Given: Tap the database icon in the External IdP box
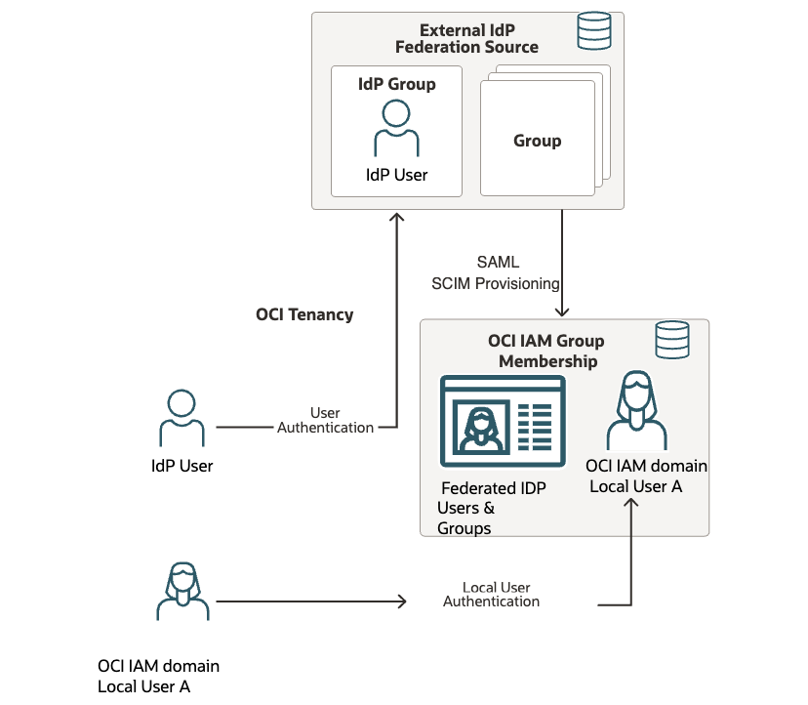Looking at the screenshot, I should (x=593, y=32).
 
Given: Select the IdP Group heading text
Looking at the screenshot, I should (x=396, y=84).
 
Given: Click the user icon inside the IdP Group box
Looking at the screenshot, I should (x=396, y=127).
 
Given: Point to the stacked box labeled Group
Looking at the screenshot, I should (x=538, y=140).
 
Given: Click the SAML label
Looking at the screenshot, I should (x=498, y=262).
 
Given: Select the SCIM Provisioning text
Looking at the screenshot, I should (x=496, y=283).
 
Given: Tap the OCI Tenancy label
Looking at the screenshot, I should (x=304, y=314).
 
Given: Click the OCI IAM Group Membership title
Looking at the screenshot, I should (x=546, y=351).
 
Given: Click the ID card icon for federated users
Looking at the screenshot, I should (x=503, y=421).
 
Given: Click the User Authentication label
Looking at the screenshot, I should (x=325, y=420).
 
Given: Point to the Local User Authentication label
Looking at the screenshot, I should (x=493, y=595).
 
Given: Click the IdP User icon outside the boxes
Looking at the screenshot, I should (x=182, y=419).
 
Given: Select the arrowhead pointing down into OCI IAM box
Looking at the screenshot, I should (x=562, y=311).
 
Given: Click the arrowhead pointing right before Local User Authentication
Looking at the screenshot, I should (x=400, y=601).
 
